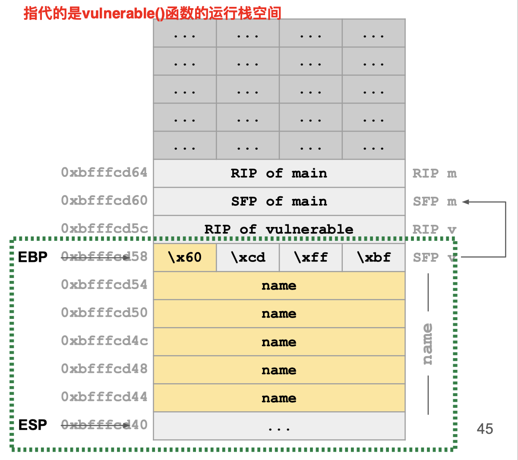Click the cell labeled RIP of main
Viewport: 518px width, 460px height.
pos(279,173)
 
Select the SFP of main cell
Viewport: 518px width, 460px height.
pos(279,202)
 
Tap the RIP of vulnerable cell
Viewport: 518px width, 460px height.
pos(279,229)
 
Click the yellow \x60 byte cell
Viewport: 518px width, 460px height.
pos(185,258)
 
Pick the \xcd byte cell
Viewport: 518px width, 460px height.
pos(248,258)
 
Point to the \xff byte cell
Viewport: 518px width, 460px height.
pos(311,258)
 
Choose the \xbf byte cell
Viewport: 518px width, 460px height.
pos(374,258)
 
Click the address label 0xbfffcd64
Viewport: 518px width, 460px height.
pos(104,173)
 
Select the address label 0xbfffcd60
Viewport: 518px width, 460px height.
pos(104,201)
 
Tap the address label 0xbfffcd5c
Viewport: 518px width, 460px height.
pos(104,228)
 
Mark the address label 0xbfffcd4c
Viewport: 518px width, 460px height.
pos(104,341)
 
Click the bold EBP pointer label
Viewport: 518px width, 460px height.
pos(33,257)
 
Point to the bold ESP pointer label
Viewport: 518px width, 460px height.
pos(33,425)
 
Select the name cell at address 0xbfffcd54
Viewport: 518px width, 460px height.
pos(279,286)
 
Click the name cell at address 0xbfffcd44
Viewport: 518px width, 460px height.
pos(279,398)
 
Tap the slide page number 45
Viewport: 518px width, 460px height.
pos(485,429)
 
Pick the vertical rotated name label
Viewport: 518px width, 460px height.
pos(427,344)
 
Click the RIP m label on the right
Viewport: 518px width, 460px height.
pos(434,173)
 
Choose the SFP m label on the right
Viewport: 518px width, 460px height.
pos(434,202)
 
